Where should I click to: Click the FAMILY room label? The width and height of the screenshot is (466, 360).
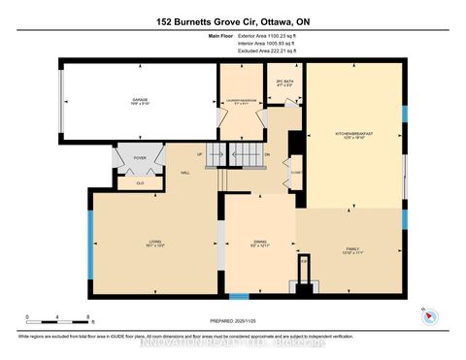pos(352,248)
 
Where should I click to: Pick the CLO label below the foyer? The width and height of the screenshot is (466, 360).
pos(140,181)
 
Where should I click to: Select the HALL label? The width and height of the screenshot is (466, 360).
pos(184,173)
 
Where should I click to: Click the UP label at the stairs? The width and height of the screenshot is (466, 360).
pos(201,154)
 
